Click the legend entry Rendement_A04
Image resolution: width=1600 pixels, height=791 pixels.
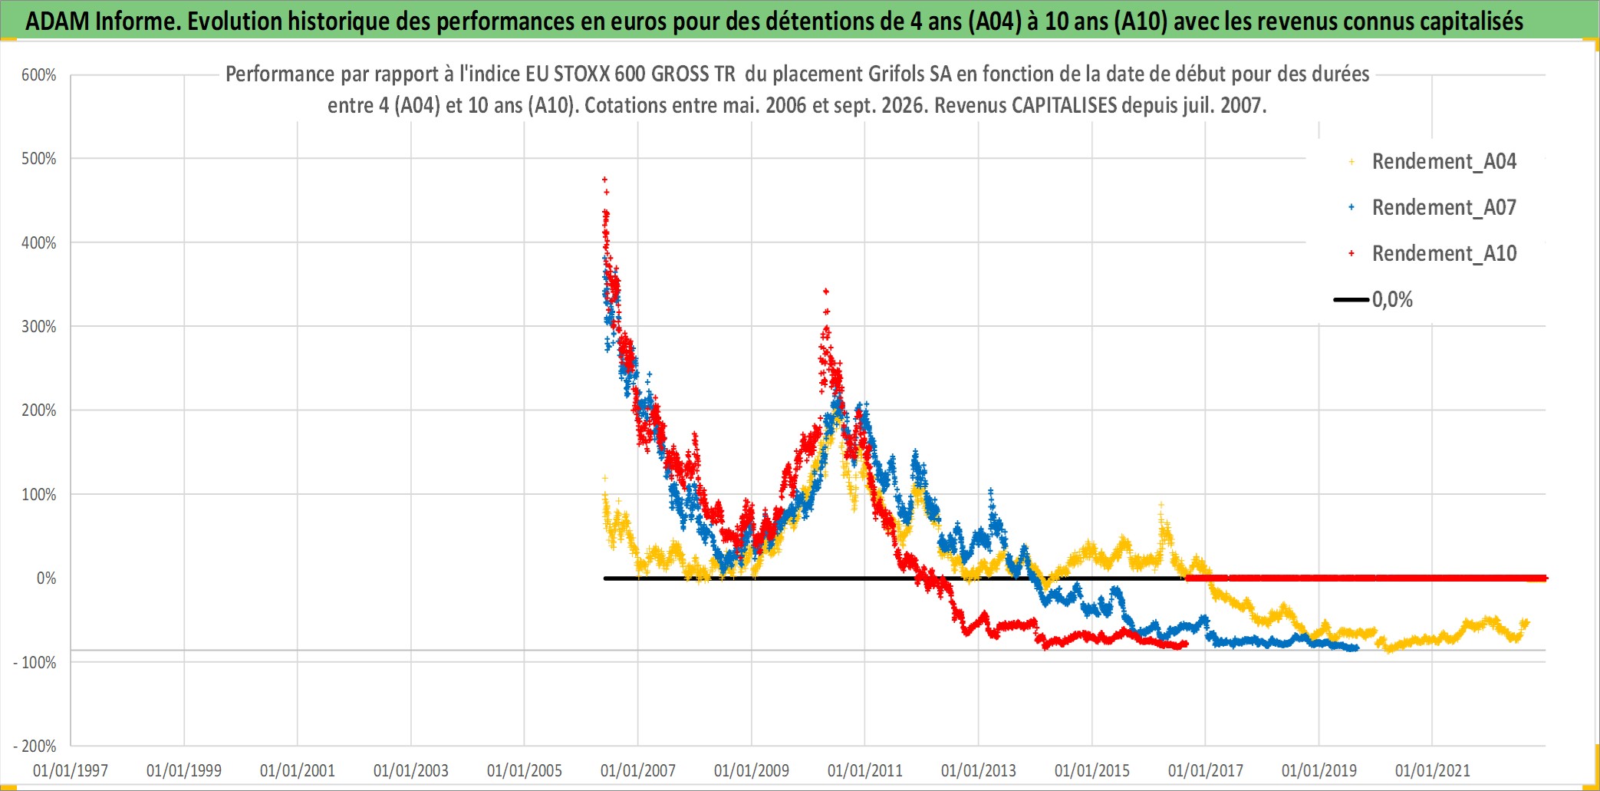coord(1444,161)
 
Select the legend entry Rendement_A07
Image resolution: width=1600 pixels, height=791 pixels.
coord(1444,207)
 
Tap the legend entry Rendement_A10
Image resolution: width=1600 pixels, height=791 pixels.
coord(1444,253)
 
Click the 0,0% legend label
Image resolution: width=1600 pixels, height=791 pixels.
coord(1392,299)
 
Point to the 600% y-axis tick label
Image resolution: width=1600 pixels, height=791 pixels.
coord(38,75)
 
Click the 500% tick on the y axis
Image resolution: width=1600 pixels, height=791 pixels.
coord(38,159)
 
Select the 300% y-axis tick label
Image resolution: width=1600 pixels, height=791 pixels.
coord(38,327)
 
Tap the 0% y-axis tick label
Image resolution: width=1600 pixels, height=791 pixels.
coord(46,578)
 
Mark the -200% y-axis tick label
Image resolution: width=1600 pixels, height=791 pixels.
coord(35,746)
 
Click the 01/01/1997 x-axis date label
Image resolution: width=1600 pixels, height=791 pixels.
coord(71,770)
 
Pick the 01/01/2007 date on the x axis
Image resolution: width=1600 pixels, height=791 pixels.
coord(638,770)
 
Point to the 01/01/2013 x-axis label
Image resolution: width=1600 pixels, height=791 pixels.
coord(979,770)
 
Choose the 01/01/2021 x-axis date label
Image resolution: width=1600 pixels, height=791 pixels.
coord(1433,770)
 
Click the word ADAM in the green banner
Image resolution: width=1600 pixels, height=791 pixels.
coord(58,21)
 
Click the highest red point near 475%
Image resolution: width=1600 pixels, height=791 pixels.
coord(604,180)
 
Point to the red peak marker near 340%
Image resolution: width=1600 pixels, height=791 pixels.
coord(825,292)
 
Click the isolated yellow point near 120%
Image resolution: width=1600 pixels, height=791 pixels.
coord(604,478)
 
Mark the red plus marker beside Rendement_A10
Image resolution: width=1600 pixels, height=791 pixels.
coord(1351,253)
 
